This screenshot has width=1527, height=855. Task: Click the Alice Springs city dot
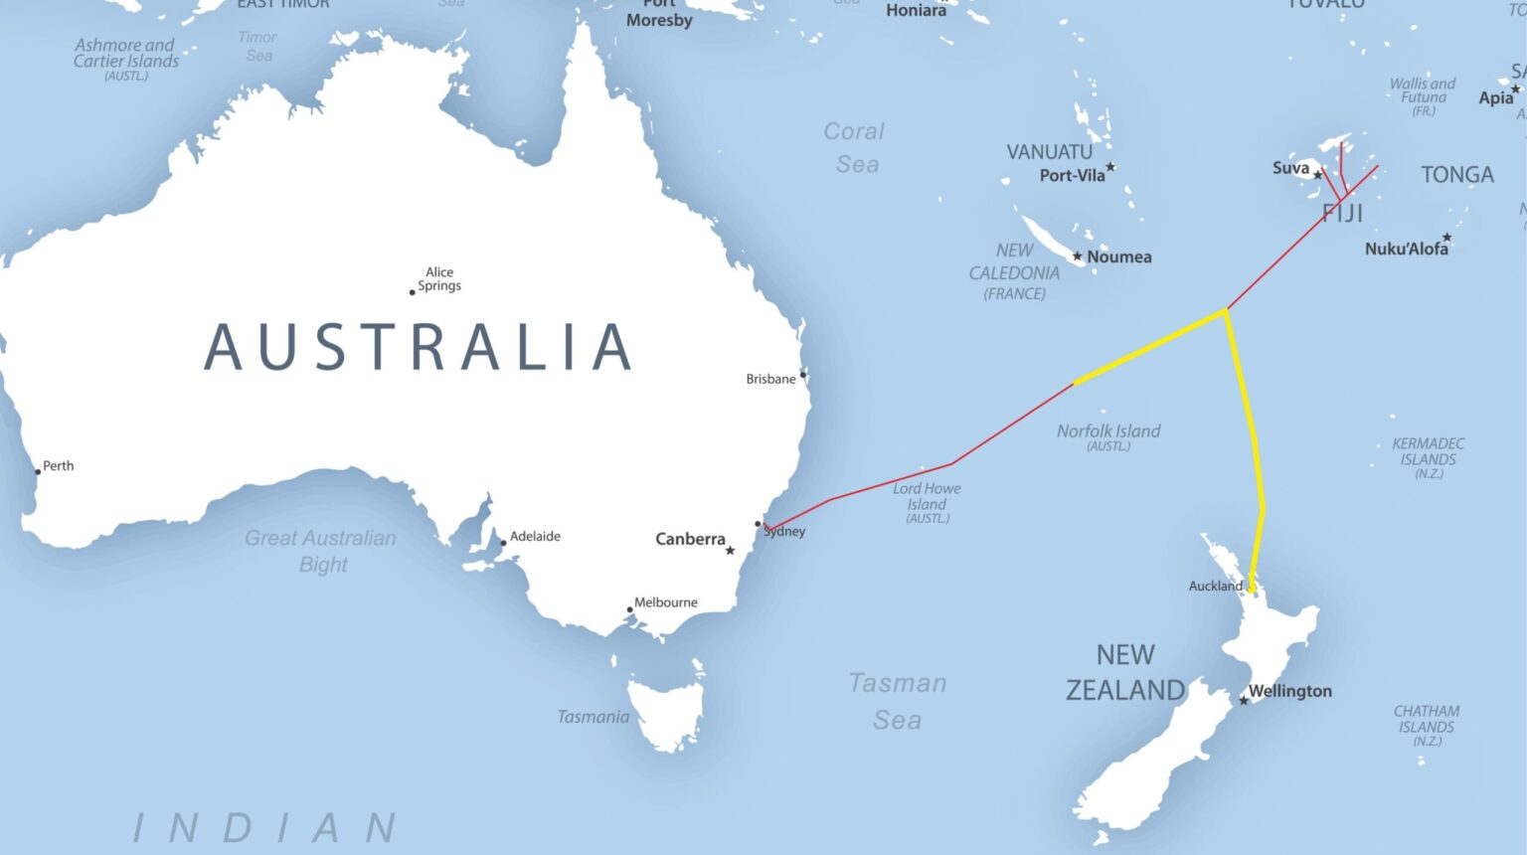413,292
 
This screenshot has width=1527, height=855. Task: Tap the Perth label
59,465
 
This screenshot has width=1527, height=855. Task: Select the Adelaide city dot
503,543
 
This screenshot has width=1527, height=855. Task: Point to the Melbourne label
666,602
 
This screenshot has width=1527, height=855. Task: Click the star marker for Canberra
730,551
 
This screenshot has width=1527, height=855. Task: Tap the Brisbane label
770,379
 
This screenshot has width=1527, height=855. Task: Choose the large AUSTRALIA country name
418,347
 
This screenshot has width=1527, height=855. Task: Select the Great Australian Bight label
321,551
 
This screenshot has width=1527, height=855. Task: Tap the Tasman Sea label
898,701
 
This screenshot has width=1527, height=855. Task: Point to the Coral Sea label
854,147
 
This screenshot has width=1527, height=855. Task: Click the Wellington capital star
1244,701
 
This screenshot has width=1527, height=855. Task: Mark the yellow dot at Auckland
1253,588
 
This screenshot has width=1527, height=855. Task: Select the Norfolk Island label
1108,431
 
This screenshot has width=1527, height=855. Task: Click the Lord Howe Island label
927,496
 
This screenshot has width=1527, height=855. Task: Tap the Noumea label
1119,256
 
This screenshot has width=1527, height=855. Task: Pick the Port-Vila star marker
1110,167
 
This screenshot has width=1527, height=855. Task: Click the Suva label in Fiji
1291,168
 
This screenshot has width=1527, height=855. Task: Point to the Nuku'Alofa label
1406,249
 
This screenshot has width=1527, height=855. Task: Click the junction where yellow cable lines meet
1225,311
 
